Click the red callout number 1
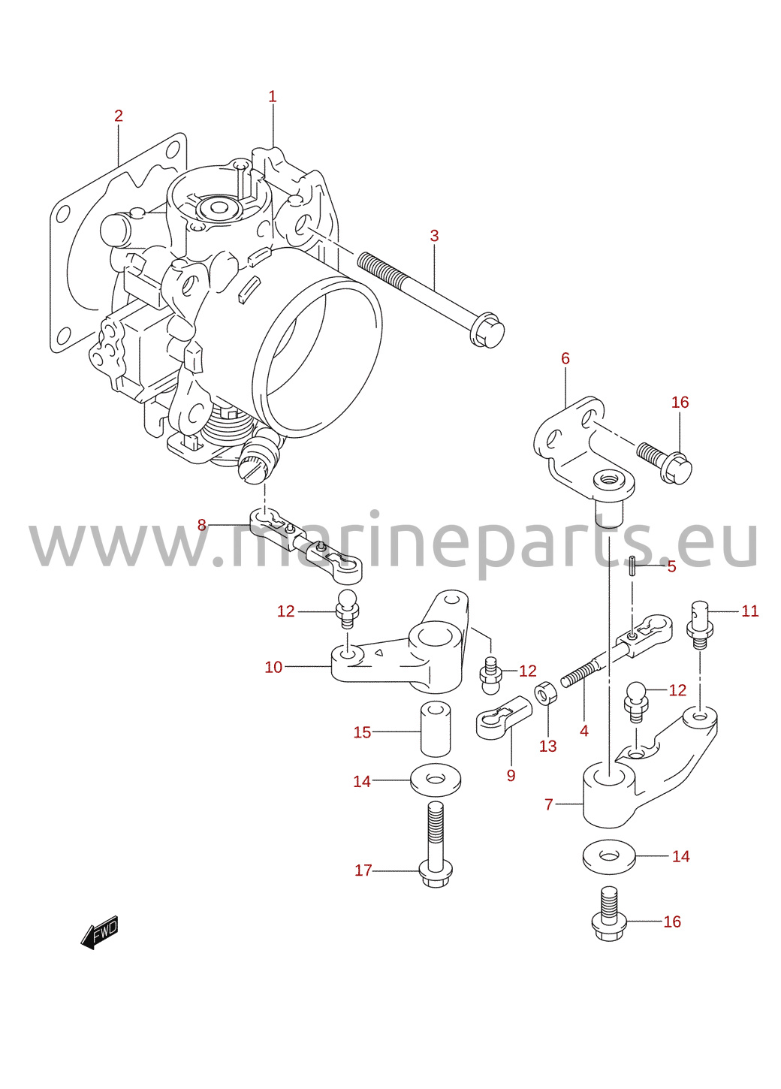tap(272, 97)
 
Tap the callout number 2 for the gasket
tap(119, 116)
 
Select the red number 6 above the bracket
tap(565, 358)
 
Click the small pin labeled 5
tap(632, 566)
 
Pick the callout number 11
tap(749, 611)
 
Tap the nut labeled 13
tap(545, 693)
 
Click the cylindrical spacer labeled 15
tap(436, 735)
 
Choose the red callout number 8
tap(201, 525)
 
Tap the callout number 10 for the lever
tap(273, 667)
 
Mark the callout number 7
tap(549, 804)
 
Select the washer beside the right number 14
tap(609, 857)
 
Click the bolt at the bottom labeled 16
tap(608, 914)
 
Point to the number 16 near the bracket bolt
tap(680, 402)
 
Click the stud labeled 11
tap(700, 625)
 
